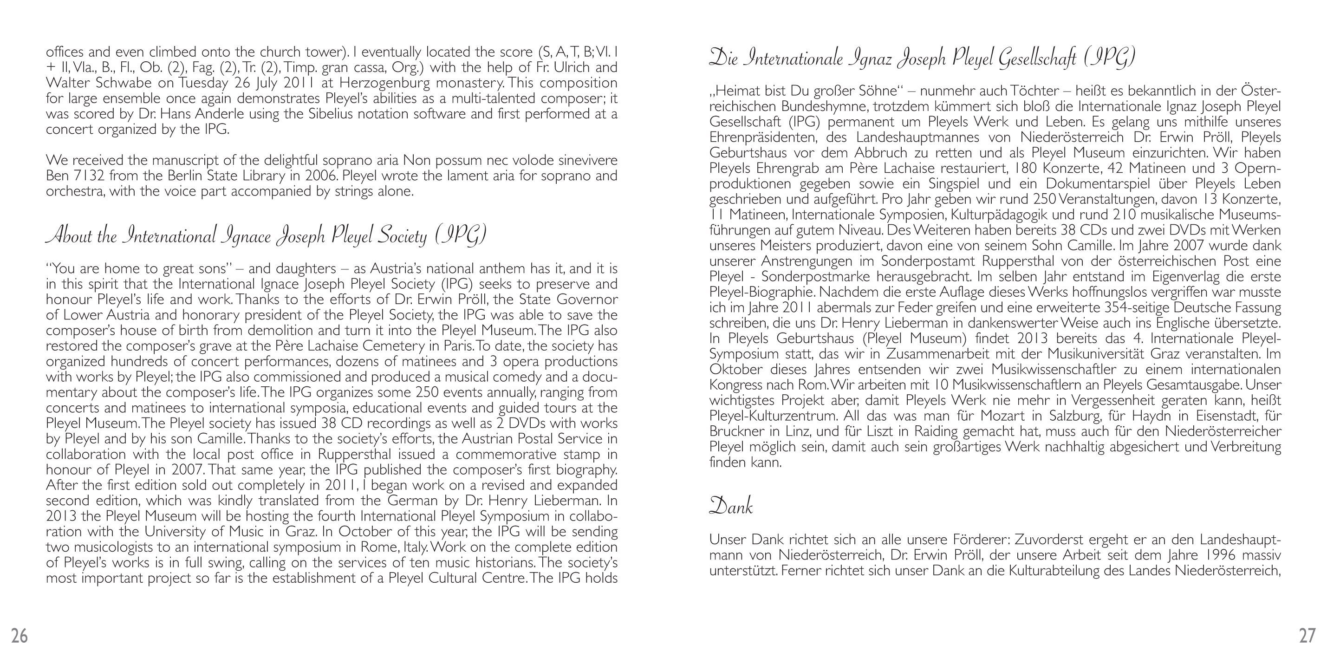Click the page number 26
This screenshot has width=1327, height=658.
pos(20,636)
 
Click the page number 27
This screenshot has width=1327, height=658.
pos(1307,636)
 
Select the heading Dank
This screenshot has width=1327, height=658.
pos(730,506)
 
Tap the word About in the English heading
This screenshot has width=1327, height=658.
pos(67,236)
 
